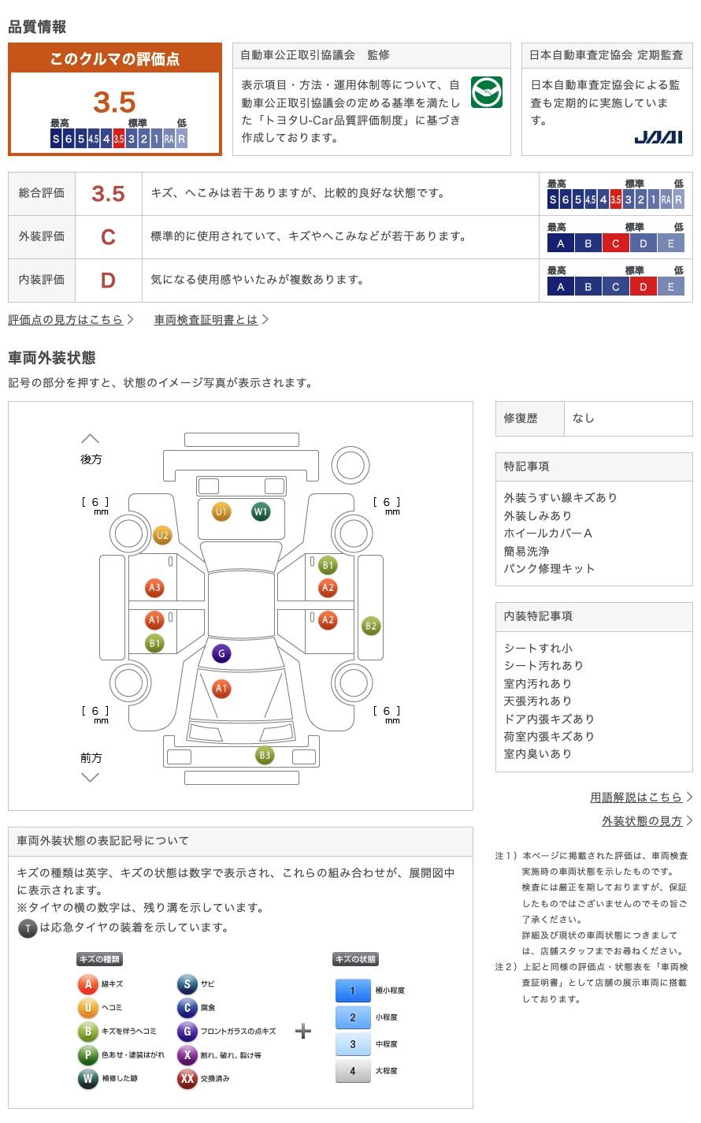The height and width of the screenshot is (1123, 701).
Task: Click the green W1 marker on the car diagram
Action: click(261, 511)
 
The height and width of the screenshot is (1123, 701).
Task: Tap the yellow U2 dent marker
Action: click(162, 535)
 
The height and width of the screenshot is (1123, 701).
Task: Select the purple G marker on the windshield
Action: click(221, 653)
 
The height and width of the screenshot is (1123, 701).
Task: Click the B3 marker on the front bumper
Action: click(265, 755)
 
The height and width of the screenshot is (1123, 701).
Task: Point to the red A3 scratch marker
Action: click(154, 588)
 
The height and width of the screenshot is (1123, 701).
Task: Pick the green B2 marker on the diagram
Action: click(371, 626)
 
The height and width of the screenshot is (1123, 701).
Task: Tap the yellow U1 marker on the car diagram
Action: click(221, 511)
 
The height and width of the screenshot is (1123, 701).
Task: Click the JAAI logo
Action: click(658, 137)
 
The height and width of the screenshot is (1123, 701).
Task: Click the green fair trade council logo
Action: click(487, 92)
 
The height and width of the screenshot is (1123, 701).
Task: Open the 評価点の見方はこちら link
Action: click(65, 319)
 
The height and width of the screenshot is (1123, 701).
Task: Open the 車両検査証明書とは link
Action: click(206, 319)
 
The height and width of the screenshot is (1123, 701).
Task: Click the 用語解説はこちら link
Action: click(636, 797)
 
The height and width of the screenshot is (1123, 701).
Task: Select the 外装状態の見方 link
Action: click(642, 820)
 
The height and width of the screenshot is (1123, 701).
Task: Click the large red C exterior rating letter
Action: click(108, 237)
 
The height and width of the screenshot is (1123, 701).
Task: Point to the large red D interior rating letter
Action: click(108, 281)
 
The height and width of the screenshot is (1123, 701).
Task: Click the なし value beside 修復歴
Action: click(584, 418)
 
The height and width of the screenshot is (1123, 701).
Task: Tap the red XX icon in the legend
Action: click(187, 1078)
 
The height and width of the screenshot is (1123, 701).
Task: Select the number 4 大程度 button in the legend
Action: click(353, 1070)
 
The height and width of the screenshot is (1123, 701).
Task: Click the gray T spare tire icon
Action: click(28, 928)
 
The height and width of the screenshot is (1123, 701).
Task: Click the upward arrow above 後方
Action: click(91, 439)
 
